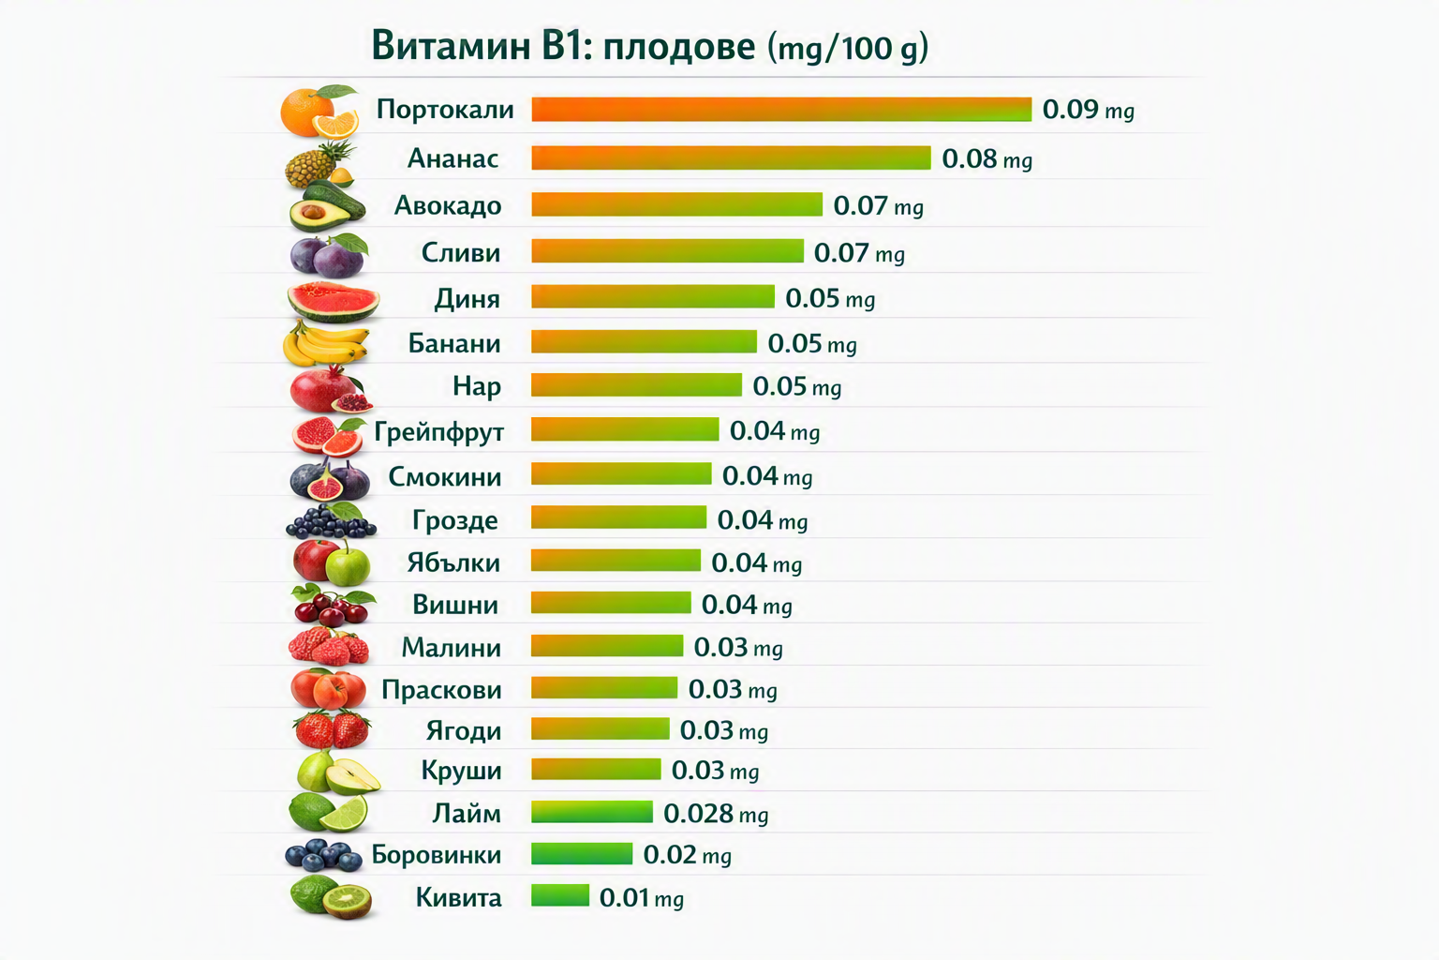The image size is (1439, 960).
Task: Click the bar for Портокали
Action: coord(781,110)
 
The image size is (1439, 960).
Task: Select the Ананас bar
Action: coord(731,158)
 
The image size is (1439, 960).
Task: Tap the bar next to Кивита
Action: coord(560,895)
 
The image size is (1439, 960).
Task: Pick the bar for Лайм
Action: coord(592,812)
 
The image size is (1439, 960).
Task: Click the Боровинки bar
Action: coord(582,854)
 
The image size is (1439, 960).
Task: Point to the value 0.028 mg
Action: coord(716,814)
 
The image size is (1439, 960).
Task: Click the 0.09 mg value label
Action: coord(1089,110)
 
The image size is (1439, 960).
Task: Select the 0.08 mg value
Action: coord(987,158)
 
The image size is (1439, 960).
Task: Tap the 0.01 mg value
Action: coord(641,898)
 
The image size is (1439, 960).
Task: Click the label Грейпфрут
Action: coord(438,431)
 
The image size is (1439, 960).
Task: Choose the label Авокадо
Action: coord(448,205)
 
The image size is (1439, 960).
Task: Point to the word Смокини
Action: coord(445,477)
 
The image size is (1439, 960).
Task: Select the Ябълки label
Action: coord(453,562)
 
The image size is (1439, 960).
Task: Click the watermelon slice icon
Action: coord(333,301)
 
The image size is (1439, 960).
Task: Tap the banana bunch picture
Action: coord(326,343)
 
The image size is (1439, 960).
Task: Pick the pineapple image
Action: coord(319,164)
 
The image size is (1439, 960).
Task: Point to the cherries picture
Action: coord(333,605)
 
